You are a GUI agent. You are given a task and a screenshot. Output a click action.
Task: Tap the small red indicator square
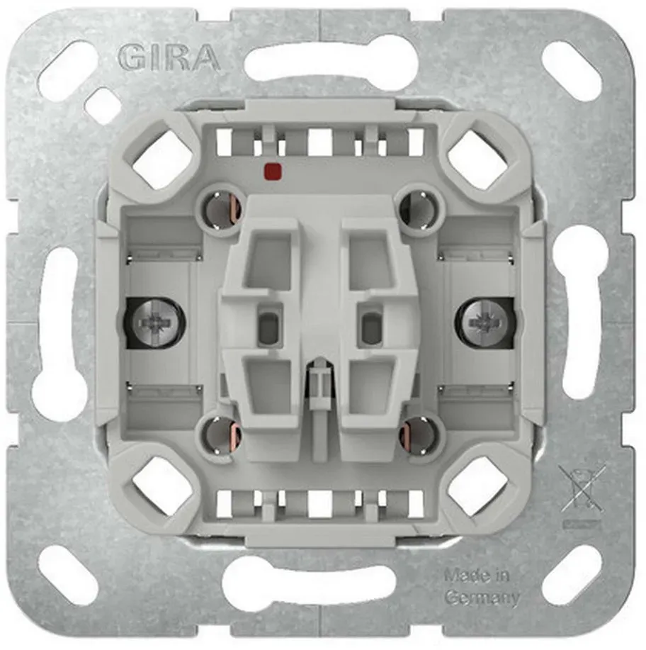click(x=273, y=169)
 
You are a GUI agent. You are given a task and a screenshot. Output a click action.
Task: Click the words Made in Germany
click(x=482, y=586)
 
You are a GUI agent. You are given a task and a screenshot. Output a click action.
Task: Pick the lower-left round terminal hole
click(x=218, y=434)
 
